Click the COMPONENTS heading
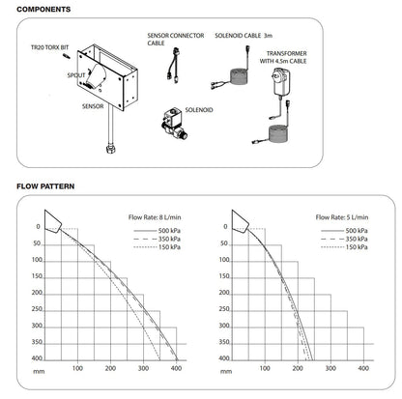click(x=37, y=9)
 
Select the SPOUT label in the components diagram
click(x=76, y=73)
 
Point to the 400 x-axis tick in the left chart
click(x=177, y=368)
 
